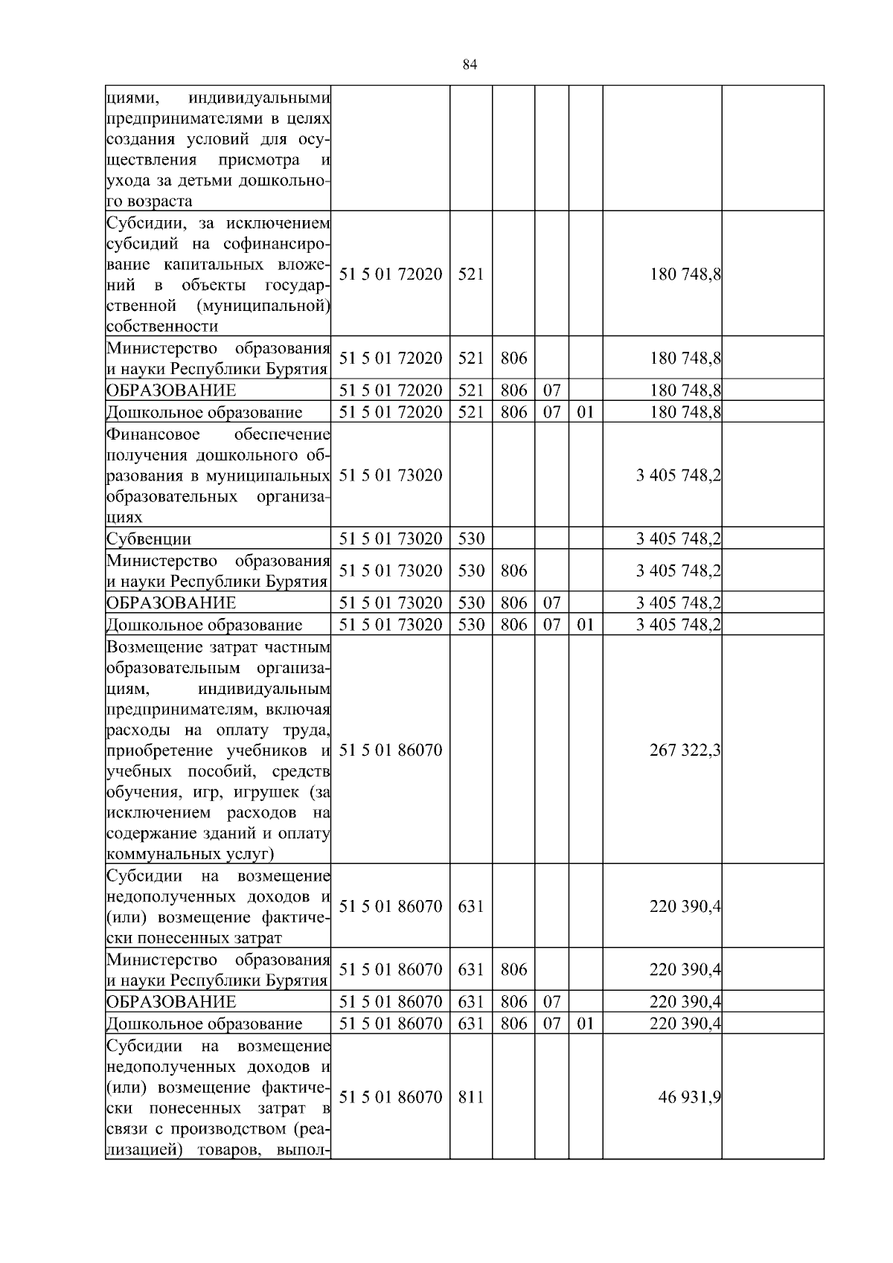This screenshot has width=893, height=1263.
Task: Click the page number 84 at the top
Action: pos(469,65)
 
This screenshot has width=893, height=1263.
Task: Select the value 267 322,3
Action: pos(685,751)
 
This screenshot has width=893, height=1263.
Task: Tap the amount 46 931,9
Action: pos(690,1097)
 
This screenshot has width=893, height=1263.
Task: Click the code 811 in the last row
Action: pos(470,1097)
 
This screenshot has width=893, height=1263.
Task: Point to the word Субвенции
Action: pos(149,539)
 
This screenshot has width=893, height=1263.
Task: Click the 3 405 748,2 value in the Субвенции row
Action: pos(678,539)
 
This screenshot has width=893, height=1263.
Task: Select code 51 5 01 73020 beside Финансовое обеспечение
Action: pos(391,475)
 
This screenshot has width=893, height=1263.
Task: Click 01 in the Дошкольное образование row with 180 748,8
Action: pos(586,412)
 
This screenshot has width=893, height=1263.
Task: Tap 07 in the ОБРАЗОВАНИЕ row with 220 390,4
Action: pos(551,1001)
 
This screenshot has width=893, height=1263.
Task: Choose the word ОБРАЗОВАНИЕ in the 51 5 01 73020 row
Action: pos(171,602)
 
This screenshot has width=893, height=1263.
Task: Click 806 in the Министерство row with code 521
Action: pos(513,358)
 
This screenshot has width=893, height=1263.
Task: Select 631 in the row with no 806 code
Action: pos(470,907)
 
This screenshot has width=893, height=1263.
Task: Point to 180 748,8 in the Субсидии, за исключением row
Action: pos(685,274)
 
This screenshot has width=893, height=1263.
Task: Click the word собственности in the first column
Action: pos(162,326)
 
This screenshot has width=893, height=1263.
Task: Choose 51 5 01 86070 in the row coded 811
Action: pos(391,1097)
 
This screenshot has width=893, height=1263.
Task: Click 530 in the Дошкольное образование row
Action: pos(470,625)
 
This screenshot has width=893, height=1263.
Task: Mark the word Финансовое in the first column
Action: pos(153,434)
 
